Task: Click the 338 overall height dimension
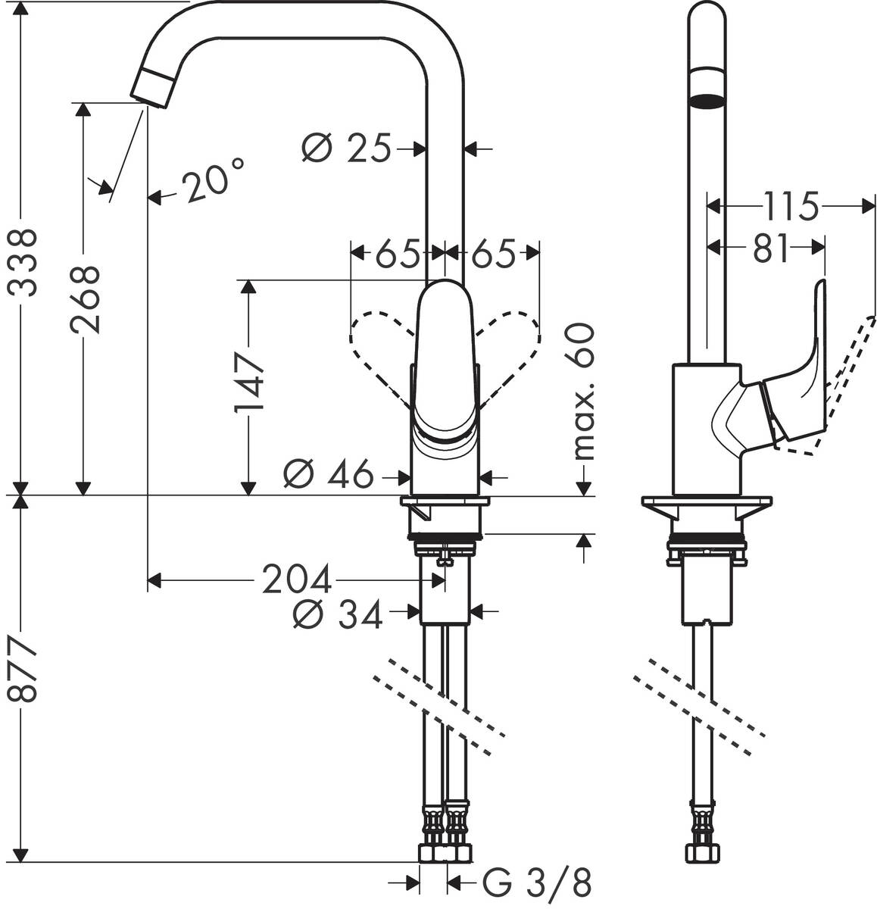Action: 23,261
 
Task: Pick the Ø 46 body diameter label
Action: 329,476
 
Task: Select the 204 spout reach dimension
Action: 296,581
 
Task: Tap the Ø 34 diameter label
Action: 336,616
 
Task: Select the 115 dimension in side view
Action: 790,205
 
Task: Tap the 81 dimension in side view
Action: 771,248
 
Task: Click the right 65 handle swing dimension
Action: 493,254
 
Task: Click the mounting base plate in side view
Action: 706,502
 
